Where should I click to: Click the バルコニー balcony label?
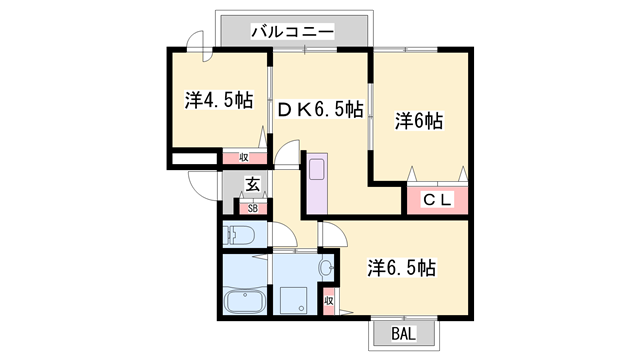(x=292, y=31)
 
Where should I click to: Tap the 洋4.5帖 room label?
(x=219, y=100)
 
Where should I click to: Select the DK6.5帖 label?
(x=320, y=109)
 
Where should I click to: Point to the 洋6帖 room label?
(x=419, y=121)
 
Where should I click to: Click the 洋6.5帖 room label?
(x=402, y=268)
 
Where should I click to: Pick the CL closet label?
(x=437, y=200)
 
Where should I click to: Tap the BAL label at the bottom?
(x=404, y=334)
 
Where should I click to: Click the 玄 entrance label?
(x=252, y=184)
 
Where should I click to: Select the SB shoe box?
(x=253, y=208)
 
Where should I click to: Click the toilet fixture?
(x=239, y=235)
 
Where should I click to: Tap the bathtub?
(x=245, y=301)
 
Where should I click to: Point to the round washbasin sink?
(x=327, y=268)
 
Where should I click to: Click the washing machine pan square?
(x=293, y=300)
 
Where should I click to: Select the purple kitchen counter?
(x=317, y=184)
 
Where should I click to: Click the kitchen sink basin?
(x=317, y=169)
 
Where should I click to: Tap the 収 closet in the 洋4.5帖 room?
(x=244, y=158)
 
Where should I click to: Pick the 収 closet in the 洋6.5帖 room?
(x=329, y=301)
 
